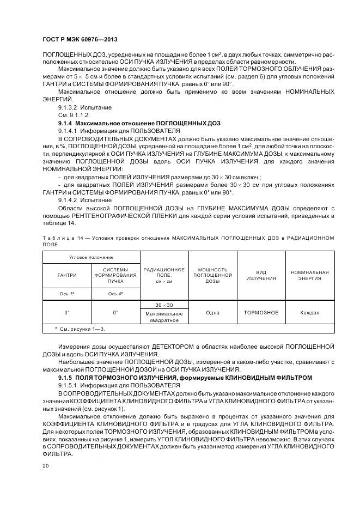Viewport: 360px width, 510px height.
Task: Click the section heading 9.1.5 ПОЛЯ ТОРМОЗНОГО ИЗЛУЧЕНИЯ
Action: tap(186, 377)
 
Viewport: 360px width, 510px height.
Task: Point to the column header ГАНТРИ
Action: tap(67, 275)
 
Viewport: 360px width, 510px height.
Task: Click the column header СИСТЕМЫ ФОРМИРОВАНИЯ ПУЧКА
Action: tap(115, 275)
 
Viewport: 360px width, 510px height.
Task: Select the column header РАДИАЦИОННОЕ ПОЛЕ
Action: tap(164, 275)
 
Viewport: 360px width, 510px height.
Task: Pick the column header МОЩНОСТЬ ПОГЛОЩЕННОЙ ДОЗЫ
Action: tap(212, 275)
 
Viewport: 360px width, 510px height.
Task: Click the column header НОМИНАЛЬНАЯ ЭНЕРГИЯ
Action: tap(309, 275)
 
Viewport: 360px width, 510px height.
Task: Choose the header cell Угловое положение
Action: tap(91, 257)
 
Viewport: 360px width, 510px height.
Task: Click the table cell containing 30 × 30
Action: tap(164, 305)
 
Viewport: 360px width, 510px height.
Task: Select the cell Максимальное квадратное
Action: tap(164, 317)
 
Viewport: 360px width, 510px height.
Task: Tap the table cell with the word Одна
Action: tap(212, 312)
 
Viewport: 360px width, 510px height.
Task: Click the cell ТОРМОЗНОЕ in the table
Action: tap(261, 312)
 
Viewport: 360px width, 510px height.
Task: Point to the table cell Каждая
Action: tap(309, 312)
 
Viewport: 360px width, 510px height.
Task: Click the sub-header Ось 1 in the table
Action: tap(67, 294)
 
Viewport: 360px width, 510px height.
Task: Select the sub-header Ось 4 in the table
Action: tap(115, 294)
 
